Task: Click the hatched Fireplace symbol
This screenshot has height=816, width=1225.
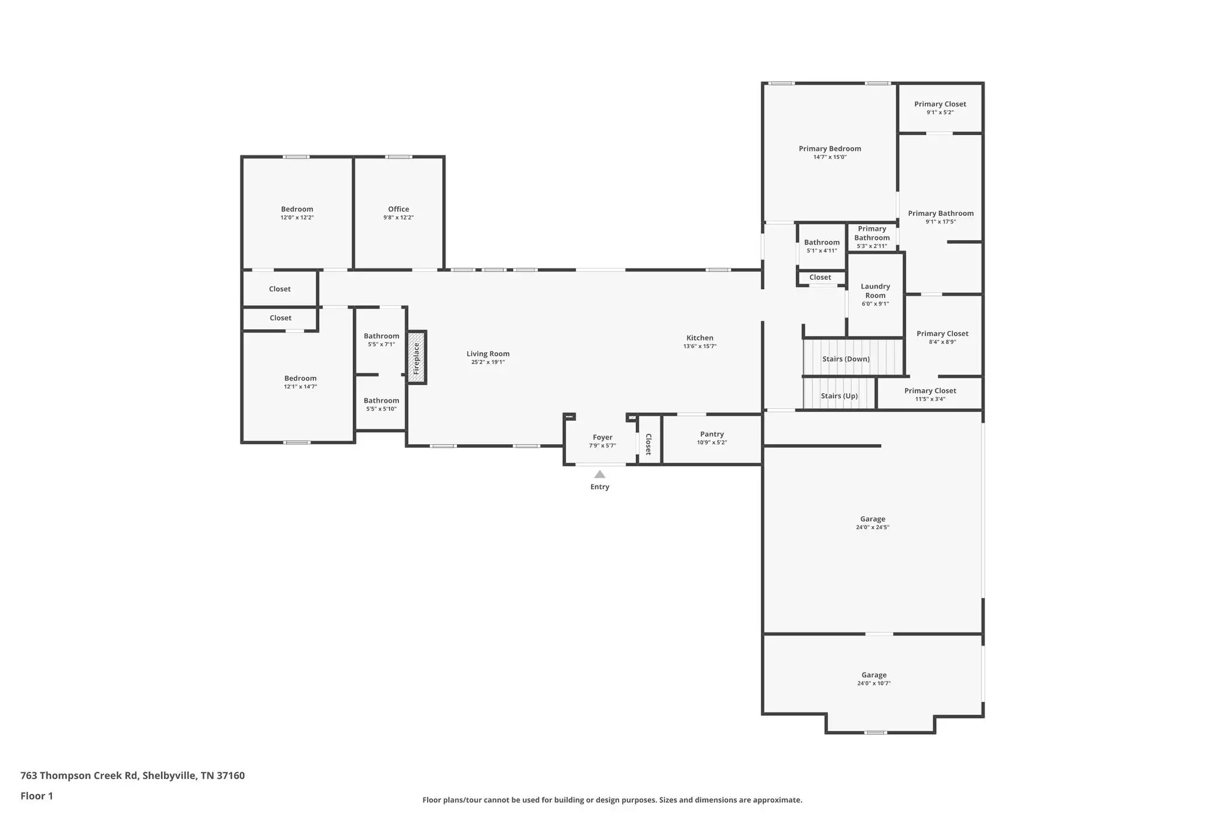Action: coord(416,357)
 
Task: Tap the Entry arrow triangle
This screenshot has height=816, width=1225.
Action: coord(599,475)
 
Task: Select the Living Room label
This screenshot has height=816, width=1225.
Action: coord(488,354)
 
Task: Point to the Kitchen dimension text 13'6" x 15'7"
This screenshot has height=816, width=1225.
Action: coord(700,347)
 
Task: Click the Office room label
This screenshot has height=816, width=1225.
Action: coord(398,209)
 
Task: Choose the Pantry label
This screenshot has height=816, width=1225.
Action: coord(712,435)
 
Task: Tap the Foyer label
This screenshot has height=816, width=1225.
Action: coord(602,438)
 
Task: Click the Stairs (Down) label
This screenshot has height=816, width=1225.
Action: coord(846,359)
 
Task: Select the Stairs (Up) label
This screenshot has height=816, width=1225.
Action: coord(839,396)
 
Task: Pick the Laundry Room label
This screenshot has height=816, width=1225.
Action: coord(875,291)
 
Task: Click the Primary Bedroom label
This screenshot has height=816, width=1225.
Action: coord(830,149)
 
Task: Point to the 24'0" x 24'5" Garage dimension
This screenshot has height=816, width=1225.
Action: coord(873,528)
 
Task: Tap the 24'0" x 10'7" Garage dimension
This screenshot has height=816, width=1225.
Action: coord(874,683)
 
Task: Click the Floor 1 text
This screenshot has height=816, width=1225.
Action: coord(36,796)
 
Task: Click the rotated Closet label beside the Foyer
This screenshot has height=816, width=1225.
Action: coord(648,444)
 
